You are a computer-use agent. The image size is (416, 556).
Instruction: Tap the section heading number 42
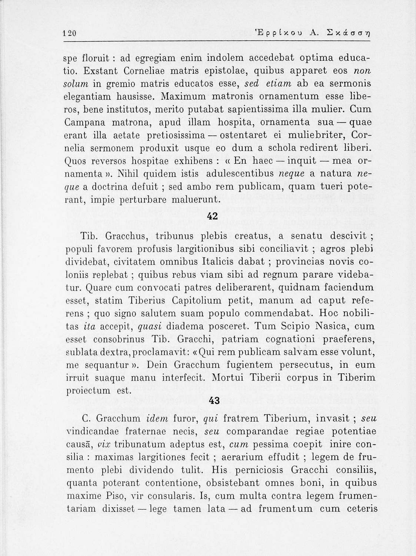(x=213, y=216)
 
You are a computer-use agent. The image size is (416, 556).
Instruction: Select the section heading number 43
(x=214, y=401)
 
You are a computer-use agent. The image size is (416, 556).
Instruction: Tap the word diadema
(x=186, y=326)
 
